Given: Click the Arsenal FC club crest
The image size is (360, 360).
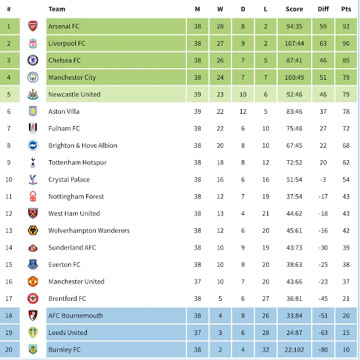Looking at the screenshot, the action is click(x=33, y=26).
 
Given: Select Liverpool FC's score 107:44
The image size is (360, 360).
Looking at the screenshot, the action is click(x=294, y=44).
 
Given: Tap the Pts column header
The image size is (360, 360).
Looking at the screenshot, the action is click(x=346, y=9).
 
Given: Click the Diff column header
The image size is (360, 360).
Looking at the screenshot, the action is click(x=323, y=9).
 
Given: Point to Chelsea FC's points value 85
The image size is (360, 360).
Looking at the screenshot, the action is click(x=346, y=60).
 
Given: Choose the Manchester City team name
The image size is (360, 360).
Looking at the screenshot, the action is click(x=72, y=77).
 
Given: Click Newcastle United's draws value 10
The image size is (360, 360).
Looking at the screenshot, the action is click(x=243, y=94).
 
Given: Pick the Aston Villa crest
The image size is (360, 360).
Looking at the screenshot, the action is click(x=33, y=111).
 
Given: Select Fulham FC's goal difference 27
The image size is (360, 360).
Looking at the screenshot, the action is click(x=323, y=129).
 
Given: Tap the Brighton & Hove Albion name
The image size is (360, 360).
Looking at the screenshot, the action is click(x=83, y=145).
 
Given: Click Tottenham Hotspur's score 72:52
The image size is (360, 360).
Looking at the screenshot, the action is click(x=294, y=163).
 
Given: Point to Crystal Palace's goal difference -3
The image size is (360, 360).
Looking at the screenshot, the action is click(x=323, y=179).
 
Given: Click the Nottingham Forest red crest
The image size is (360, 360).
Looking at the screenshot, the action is click(x=33, y=196).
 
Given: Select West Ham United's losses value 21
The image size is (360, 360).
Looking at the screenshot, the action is click(x=265, y=213).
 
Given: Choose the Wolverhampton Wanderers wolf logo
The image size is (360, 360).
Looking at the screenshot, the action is click(x=33, y=230).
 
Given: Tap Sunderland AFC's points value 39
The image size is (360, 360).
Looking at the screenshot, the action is click(x=346, y=248).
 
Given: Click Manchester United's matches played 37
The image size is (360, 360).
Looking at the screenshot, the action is click(x=197, y=282).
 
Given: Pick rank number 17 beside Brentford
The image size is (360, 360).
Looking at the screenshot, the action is click(x=9, y=298).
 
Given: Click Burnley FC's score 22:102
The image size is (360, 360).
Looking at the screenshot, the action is click(x=294, y=350).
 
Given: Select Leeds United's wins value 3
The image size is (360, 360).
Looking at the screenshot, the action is click(x=220, y=333).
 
